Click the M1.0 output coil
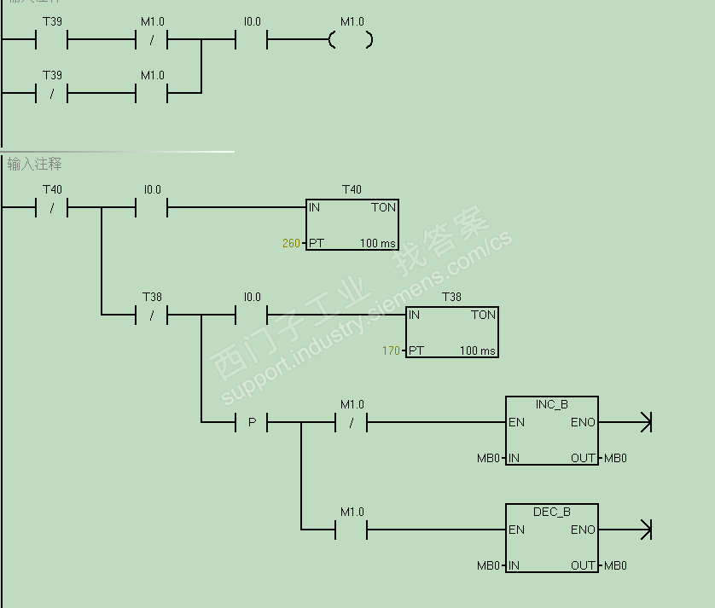point(351,39)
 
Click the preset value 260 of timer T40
point(291,244)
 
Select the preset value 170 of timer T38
point(391,351)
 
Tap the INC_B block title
point(551,404)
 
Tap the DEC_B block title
point(551,512)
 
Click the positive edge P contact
point(252,422)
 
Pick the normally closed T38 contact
point(152,315)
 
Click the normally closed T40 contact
point(52,207)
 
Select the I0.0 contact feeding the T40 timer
point(152,207)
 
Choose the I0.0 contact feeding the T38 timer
point(252,315)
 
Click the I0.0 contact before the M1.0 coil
point(252,39)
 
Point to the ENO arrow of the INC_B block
point(644,422)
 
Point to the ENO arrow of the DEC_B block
point(644,530)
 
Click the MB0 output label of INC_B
point(615,459)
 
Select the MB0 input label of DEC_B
point(488,566)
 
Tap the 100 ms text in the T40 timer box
point(378,244)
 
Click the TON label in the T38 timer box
point(483,316)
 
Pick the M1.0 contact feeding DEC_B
point(352,530)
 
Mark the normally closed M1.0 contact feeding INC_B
point(352,422)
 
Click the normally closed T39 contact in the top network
point(52,93)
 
